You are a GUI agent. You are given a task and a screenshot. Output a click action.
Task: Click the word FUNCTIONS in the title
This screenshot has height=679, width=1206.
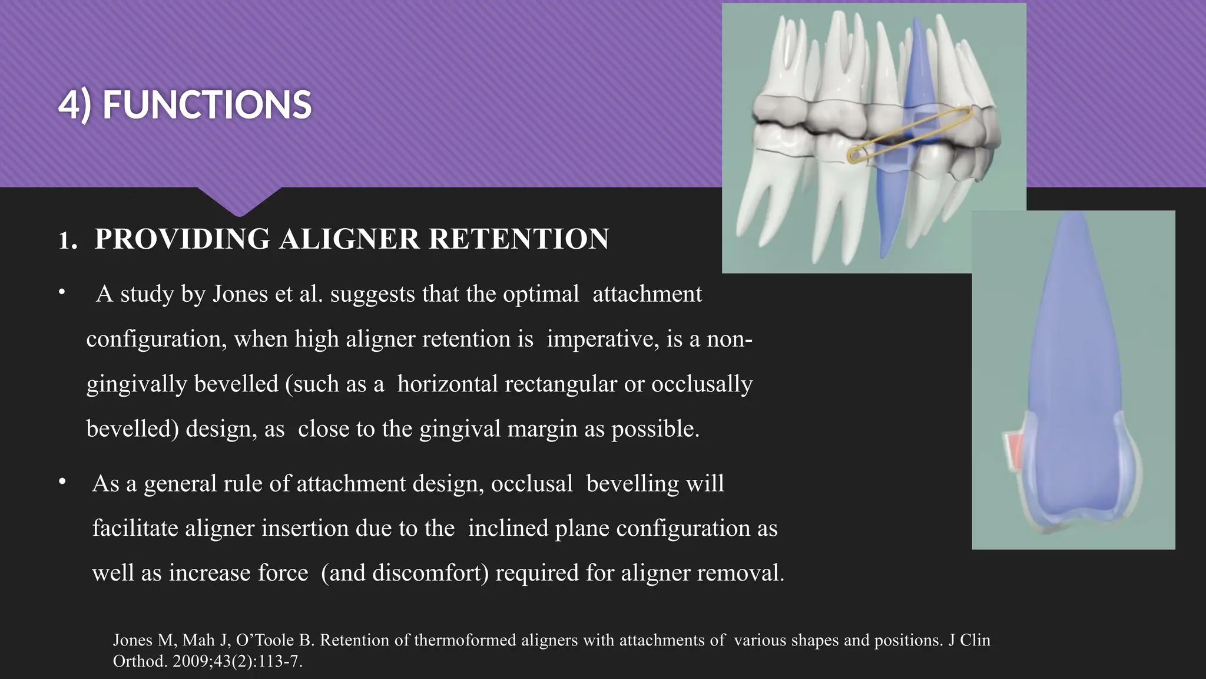[207, 105]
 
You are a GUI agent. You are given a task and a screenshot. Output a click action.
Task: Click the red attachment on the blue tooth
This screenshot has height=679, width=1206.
[1015, 451]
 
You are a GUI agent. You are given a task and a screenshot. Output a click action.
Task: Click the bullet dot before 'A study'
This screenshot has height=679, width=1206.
[62, 292]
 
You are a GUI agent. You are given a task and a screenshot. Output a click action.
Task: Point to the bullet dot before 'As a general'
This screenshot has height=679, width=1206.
[62, 482]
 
